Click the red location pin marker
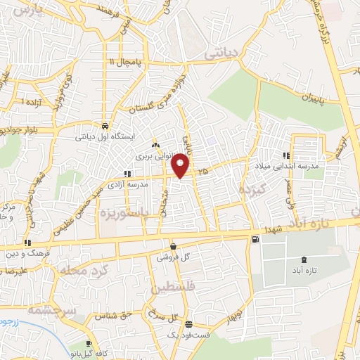point(181,166)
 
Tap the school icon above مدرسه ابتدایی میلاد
point(285,155)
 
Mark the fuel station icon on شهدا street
point(254,240)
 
